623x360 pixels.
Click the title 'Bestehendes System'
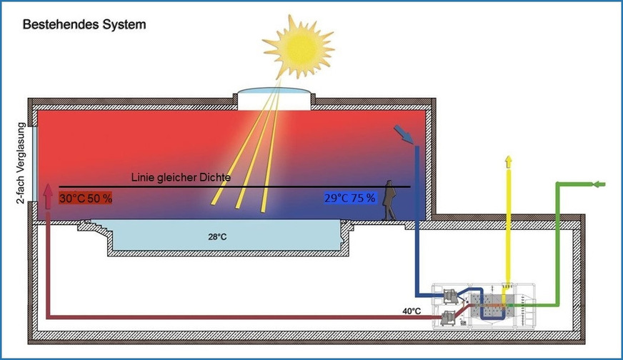[x=84, y=24]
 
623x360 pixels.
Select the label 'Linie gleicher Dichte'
[x=181, y=177]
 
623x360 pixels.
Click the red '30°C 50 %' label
[x=86, y=198]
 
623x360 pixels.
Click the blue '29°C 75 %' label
[x=349, y=198]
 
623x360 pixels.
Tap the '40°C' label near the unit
[x=412, y=311]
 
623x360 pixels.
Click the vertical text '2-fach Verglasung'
[x=22, y=164]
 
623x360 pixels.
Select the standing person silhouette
[x=390, y=201]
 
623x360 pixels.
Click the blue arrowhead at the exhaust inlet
[x=404, y=134]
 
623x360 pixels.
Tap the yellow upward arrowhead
[x=508, y=161]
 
